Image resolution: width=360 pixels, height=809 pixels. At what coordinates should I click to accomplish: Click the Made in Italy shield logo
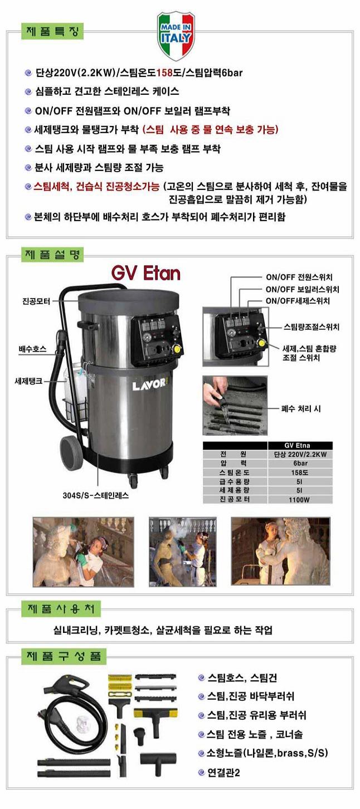pyautogui.click(x=176, y=36)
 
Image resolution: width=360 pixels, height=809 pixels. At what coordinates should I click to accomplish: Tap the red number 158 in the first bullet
pyautogui.click(x=165, y=72)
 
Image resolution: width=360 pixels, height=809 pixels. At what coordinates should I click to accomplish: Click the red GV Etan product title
pyautogui.click(x=145, y=274)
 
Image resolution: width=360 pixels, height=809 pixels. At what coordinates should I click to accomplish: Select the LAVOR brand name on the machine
pyautogui.click(x=149, y=384)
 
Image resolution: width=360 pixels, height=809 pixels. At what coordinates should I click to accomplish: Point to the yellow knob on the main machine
pyautogui.click(x=177, y=349)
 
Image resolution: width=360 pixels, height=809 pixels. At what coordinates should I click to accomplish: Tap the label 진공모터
pyautogui.click(x=36, y=301)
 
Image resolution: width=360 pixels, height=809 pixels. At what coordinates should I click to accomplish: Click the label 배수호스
pyautogui.click(x=32, y=349)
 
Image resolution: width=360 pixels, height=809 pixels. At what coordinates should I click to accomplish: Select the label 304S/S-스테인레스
pyautogui.click(x=96, y=495)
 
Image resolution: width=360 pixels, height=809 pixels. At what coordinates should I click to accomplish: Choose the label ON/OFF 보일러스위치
pyautogui.click(x=303, y=289)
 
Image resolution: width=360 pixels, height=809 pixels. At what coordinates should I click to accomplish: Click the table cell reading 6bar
pyautogui.click(x=300, y=464)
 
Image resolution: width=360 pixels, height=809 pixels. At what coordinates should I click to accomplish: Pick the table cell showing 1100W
pyautogui.click(x=299, y=500)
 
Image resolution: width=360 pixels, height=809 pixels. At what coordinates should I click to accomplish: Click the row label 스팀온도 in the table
pyautogui.click(x=235, y=472)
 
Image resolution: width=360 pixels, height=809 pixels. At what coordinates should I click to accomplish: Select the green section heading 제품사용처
pyautogui.click(x=61, y=610)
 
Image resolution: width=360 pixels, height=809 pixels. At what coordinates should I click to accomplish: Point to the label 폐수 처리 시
pyautogui.click(x=301, y=409)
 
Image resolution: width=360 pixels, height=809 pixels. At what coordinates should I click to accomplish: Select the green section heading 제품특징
pyautogui.click(x=53, y=31)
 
